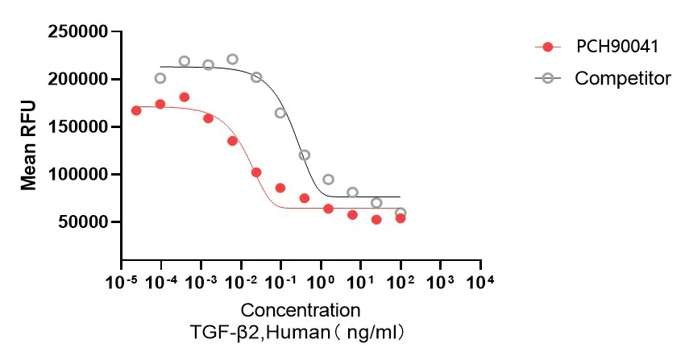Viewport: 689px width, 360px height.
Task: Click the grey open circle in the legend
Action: (548, 78)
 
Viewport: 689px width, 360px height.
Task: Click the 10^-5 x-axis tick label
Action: (121, 283)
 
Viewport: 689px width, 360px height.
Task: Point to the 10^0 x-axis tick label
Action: (321, 283)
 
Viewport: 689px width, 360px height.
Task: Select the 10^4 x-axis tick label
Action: (480, 283)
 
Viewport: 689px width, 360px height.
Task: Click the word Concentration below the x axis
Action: (301, 310)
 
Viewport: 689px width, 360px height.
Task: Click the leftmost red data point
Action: (136, 110)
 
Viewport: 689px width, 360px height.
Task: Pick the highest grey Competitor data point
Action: (232, 59)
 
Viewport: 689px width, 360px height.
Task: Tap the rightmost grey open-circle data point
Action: (401, 213)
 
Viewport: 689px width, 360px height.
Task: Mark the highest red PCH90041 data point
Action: (185, 97)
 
